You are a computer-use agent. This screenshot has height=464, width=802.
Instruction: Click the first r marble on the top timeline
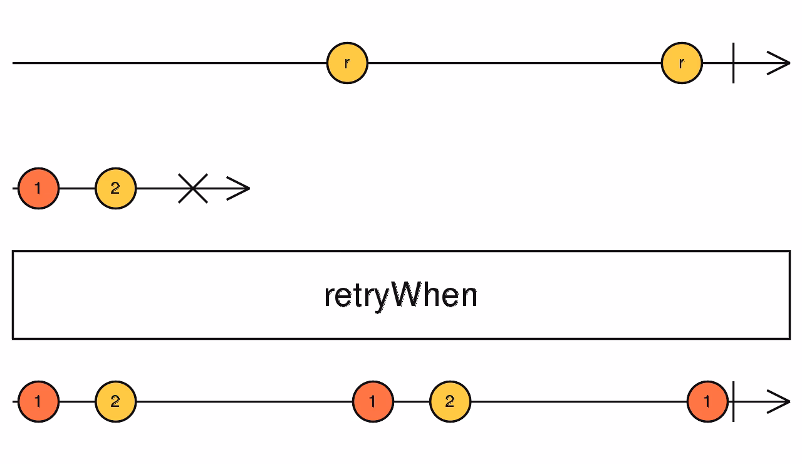coord(347,63)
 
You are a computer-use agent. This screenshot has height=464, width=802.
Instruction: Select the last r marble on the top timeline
coord(682,63)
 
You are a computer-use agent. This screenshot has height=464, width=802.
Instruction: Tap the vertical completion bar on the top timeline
coord(733,63)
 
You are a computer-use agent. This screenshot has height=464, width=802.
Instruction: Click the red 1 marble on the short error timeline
coord(38,188)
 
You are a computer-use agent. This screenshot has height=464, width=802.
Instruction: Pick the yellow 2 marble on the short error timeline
coord(115,188)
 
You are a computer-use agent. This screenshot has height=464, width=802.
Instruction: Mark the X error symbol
coord(193,188)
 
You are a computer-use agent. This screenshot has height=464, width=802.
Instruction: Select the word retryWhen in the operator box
coord(401,295)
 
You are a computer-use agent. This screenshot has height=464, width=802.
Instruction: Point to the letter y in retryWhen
coord(381,297)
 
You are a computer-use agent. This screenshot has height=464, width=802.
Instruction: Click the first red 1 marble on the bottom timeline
coord(38,401)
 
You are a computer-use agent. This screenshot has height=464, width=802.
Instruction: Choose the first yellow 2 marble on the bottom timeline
coord(115,401)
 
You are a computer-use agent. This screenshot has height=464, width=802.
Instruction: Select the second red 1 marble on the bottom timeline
coord(373,401)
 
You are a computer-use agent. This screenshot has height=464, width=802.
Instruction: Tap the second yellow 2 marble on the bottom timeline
coord(450,401)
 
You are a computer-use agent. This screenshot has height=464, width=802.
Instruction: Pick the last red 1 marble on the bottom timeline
coord(707,401)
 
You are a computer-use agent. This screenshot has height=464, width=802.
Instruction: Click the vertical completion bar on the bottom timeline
coord(733,401)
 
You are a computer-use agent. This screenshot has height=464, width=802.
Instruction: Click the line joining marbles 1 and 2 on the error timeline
coord(76,188)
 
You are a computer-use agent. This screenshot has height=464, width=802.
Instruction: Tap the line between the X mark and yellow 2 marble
coord(157,188)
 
